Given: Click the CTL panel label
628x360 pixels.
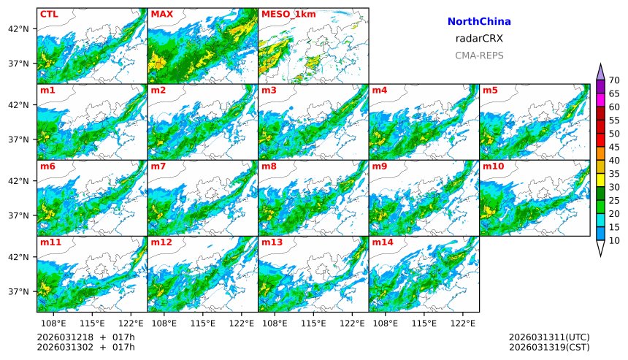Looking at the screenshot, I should [x=49, y=14].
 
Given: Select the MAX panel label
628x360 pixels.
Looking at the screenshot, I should [x=161, y=14].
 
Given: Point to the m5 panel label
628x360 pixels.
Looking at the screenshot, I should [x=490, y=91].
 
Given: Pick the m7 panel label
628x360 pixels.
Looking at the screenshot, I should [x=158, y=166].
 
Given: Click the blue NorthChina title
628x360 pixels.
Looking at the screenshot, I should [x=479, y=22].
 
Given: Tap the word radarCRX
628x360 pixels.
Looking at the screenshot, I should [x=479, y=39].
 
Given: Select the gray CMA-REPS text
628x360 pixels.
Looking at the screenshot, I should [x=479, y=55].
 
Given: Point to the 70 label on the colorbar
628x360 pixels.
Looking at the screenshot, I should [x=614, y=80].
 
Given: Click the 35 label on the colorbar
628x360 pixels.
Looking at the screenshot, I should [x=614, y=174].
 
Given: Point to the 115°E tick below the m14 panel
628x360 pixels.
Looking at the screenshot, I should [x=424, y=323].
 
